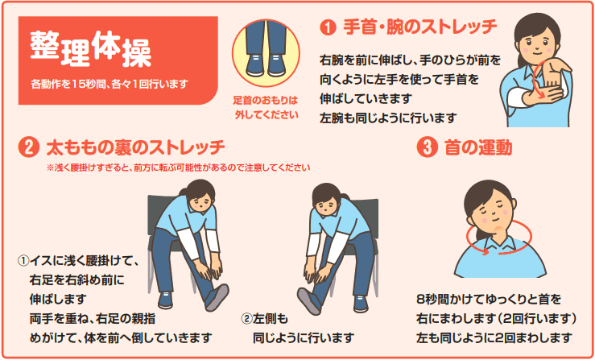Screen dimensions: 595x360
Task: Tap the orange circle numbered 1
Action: (x=328, y=28)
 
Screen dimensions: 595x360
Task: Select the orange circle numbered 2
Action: (x=28, y=148)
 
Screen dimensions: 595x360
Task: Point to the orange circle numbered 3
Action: (x=427, y=147)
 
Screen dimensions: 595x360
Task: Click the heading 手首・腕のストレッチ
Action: (x=420, y=27)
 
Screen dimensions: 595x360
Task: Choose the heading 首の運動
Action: (x=477, y=147)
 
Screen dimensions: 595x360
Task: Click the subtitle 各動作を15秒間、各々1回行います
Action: (x=109, y=84)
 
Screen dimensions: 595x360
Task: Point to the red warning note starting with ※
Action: (x=179, y=168)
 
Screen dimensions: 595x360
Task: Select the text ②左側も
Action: (x=265, y=319)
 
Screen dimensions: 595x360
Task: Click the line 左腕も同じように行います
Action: (x=387, y=118)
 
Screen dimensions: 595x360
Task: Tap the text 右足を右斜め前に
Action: (x=76, y=280)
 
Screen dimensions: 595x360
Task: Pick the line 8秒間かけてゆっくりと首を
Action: (x=489, y=300)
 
